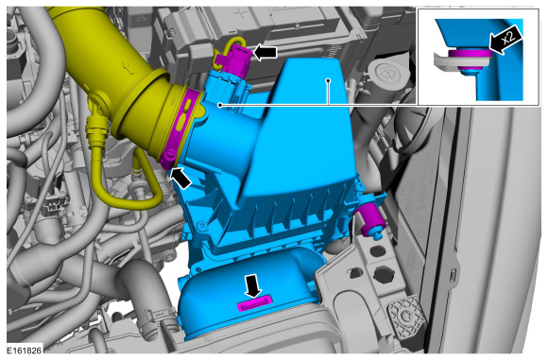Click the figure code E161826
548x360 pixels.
coord(25,351)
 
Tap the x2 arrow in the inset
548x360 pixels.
coord(506,40)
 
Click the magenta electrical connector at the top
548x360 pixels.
coord(234,58)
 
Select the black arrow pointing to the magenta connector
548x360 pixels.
coord(265,52)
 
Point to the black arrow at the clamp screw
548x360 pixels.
coord(180,178)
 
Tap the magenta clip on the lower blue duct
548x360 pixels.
coord(254,302)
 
